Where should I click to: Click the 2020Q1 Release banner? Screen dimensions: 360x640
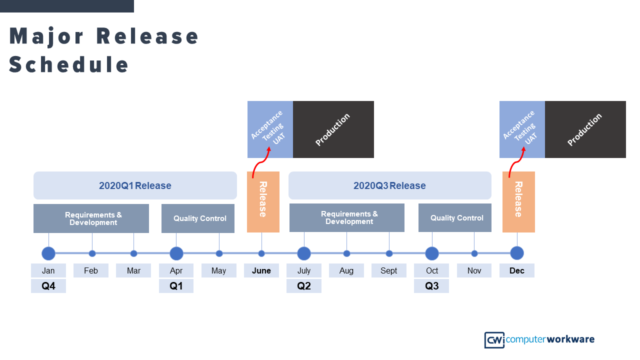(135, 185)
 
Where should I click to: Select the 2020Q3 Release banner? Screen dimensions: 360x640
(389, 185)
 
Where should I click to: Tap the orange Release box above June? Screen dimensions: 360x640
(263, 202)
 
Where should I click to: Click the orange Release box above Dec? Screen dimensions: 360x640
(518, 202)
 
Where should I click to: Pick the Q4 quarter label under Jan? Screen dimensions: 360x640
(48, 286)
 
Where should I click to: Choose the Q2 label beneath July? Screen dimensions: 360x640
(304, 286)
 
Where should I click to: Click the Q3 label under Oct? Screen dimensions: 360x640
(431, 286)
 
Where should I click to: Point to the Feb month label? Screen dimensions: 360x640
(91, 270)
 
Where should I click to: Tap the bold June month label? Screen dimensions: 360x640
(261, 270)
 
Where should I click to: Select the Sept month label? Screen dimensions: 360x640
(389, 270)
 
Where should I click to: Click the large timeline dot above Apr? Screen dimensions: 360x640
(176, 253)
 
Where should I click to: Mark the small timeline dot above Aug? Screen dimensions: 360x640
(346, 253)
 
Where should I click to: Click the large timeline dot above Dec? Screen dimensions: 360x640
(517, 253)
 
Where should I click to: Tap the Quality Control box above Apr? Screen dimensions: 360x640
(198, 218)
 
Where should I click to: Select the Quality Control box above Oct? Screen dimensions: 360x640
(455, 218)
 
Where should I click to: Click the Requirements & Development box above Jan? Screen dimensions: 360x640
(91, 218)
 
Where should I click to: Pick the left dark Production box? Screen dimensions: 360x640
(333, 129)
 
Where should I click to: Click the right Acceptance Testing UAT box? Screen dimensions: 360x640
(522, 129)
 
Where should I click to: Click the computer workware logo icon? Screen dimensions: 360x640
(494, 340)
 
